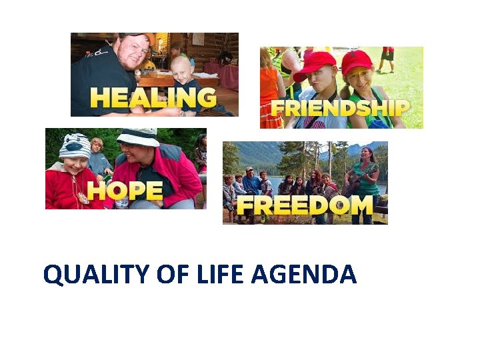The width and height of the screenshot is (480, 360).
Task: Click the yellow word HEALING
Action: (153, 97)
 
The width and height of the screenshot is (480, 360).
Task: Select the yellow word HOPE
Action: (125, 191)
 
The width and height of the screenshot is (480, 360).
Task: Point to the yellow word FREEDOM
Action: (304, 206)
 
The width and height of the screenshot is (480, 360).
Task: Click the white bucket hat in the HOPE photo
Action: (138, 137)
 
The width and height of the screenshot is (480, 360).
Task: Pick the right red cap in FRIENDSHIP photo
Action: (357, 61)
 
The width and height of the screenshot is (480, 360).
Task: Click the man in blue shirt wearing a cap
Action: (251, 181)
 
